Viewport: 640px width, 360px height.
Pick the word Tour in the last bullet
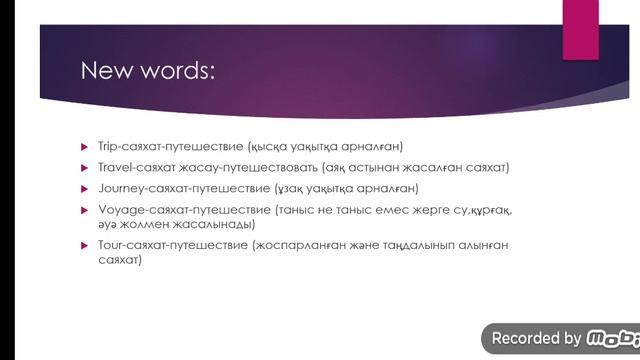(x=108, y=244)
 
